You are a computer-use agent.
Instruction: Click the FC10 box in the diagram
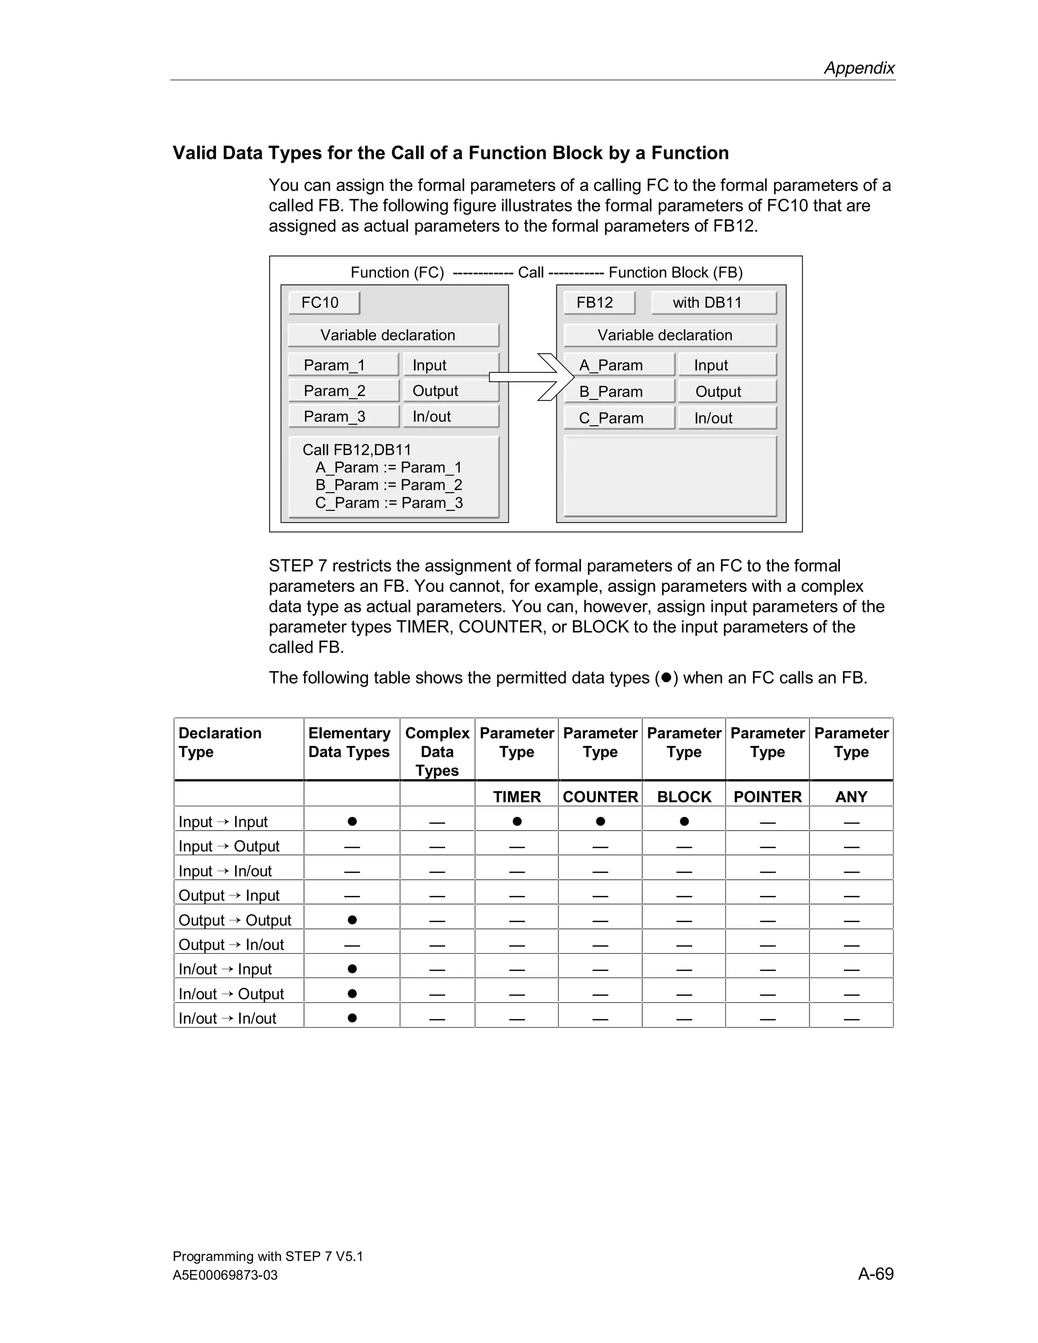click(x=323, y=303)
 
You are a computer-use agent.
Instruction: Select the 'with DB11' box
click(x=713, y=303)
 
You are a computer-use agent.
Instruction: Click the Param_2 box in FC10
click(x=343, y=391)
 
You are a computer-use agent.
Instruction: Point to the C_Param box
click(x=619, y=418)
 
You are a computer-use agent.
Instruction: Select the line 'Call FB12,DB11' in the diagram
click(x=357, y=450)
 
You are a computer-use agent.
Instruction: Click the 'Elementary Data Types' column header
click(x=349, y=742)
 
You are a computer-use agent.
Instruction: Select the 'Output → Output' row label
click(x=235, y=920)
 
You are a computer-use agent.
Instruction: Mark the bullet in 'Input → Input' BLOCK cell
click(x=684, y=821)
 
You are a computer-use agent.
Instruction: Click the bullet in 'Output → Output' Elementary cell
click(x=352, y=920)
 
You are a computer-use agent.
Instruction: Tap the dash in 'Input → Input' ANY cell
click(x=851, y=822)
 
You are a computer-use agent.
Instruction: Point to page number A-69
click(x=876, y=1274)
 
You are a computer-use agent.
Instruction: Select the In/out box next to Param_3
click(x=450, y=417)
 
